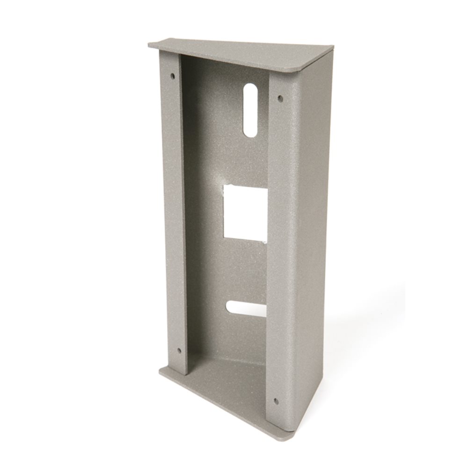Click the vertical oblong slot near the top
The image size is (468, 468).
pos(251,111)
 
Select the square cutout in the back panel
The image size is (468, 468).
pos(245,212)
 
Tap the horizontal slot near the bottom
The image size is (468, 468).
pos(246,307)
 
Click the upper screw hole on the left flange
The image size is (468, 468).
pos(173,75)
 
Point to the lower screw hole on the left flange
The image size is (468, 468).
pos(178,350)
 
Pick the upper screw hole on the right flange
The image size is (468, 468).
pos(280,98)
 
